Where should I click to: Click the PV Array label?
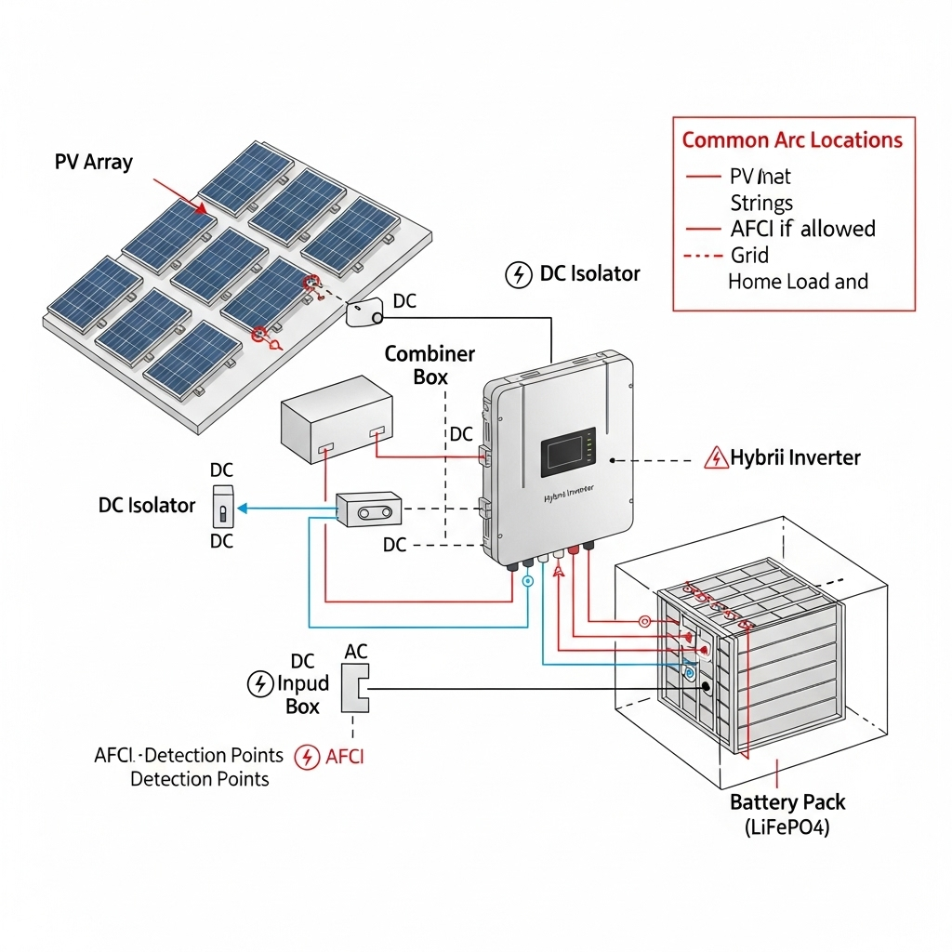point(93,162)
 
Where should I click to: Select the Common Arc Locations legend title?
point(792,140)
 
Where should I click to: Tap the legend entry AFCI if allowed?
point(802,229)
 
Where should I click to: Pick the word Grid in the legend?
point(749,255)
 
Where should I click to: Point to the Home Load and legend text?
point(798,282)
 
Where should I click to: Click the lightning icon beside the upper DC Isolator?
point(517,274)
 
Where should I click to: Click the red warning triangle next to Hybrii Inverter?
point(717,458)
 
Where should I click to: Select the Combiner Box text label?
point(430,364)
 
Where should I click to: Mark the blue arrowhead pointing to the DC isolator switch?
point(244,509)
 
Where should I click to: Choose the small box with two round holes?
point(369,511)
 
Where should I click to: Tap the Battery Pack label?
point(787,802)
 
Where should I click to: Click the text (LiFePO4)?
point(787,826)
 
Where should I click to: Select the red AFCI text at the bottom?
point(344,757)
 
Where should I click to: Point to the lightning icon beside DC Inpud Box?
point(258,684)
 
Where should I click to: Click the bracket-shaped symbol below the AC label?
point(355,688)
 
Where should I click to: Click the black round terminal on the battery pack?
point(707,687)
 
